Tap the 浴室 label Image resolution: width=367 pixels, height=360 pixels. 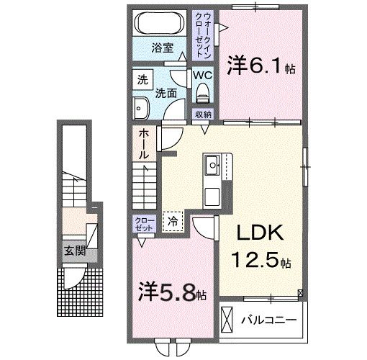coord(161,48)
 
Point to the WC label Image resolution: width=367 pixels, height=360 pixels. coord(201,74)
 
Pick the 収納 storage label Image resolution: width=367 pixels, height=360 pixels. coord(202,114)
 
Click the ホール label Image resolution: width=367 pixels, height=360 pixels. coord(142,144)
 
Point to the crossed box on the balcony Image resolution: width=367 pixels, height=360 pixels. coord(227,318)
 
